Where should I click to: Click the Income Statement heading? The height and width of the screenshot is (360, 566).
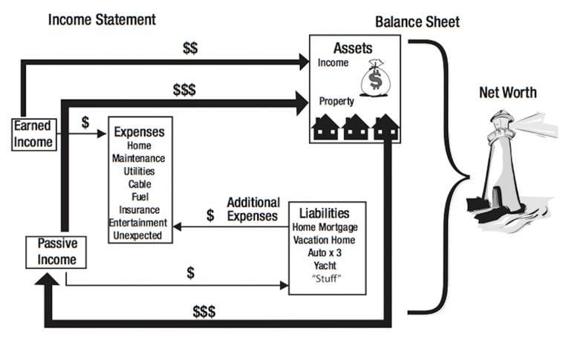tap(102, 19)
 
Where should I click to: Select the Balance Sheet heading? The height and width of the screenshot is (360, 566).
tap(417, 22)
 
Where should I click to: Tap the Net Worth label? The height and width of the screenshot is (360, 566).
tap(508, 93)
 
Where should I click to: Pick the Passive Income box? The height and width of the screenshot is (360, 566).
tap(56, 252)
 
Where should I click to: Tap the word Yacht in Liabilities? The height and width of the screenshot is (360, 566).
tap(324, 266)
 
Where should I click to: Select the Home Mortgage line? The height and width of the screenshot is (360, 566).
tap(325, 228)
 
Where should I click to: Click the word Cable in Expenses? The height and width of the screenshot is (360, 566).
tap(139, 184)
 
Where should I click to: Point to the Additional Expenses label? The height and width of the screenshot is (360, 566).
tap(253, 209)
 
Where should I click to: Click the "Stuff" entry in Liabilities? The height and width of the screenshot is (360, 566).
tap(325, 279)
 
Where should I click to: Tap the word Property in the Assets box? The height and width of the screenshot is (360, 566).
tap(336, 101)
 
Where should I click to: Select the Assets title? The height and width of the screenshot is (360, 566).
tap(352, 48)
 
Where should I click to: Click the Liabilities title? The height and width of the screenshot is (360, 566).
tap(325, 214)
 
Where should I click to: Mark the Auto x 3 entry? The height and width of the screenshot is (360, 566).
tap(325, 253)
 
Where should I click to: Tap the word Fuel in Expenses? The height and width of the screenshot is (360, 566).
tap(139, 197)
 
